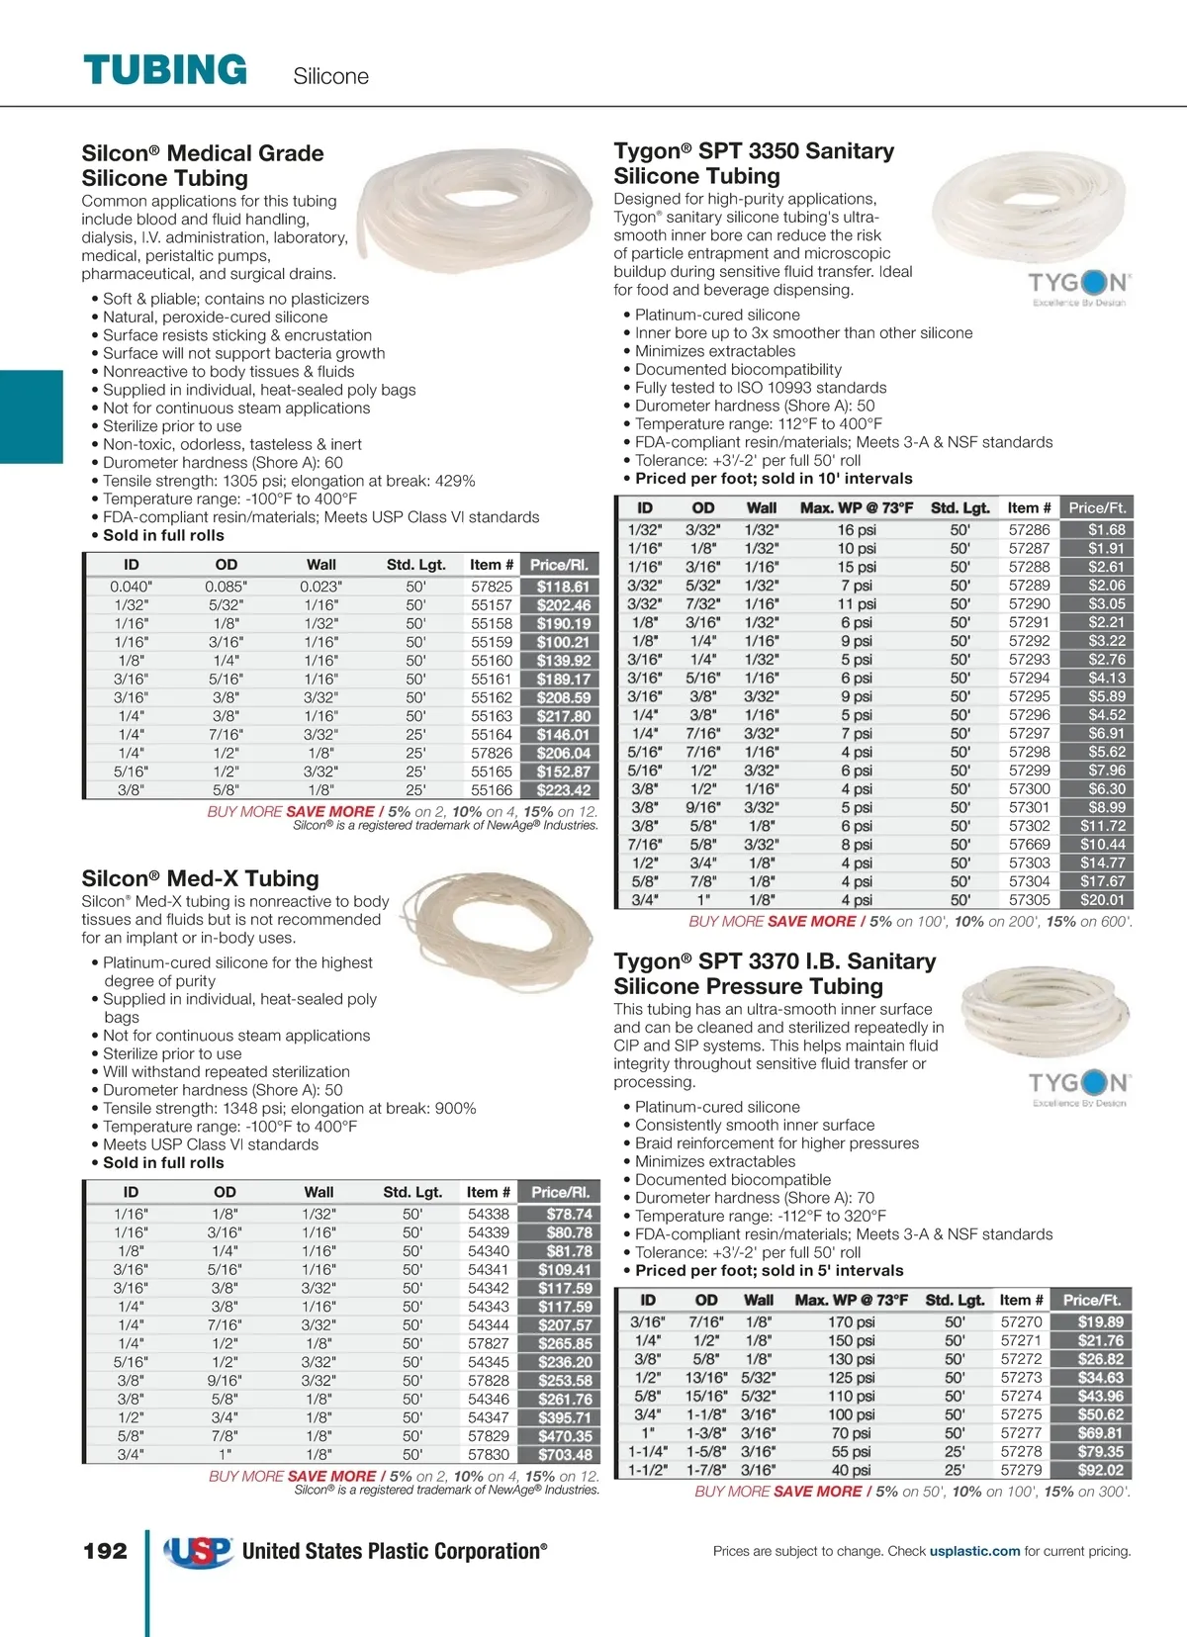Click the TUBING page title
pyautogui.click(x=165, y=70)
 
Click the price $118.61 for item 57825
pyautogui.click(x=563, y=587)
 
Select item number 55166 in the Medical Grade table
pyautogui.click(x=492, y=790)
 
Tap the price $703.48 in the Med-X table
pyautogui.click(x=565, y=1455)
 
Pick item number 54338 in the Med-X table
pyautogui.click(x=489, y=1214)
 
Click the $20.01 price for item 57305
pyautogui.click(x=1102, y=900)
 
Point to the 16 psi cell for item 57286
pyautogui.click(x=857, y=530)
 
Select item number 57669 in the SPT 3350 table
pyautogui.click(x=1029, y=845)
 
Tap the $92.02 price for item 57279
pyautogui.click(x=1100, y=1470)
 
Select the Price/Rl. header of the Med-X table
pyautogui.click(x=561, y=1192)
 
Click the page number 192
pyautogui.click(x=105, y=1551)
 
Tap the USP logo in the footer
pyautogui.click(x=199, y=1551)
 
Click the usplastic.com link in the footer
pyautogui.click(x=974, y=1551)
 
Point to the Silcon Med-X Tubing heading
pyautogui.click(x=200, y=878)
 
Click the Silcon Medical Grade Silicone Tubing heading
pyautogui.click(x=203, y=165)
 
